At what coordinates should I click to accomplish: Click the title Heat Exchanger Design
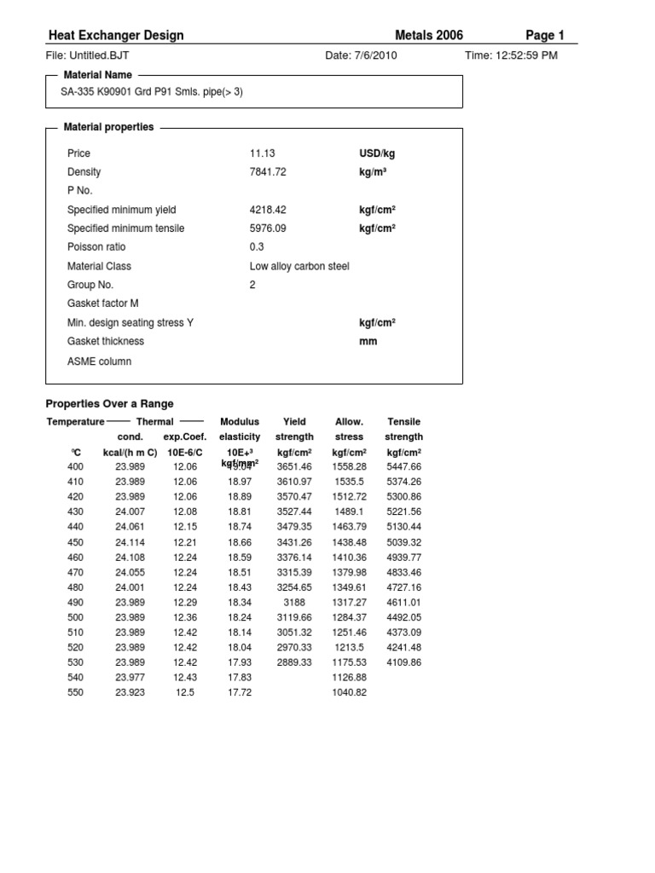click(116, 36)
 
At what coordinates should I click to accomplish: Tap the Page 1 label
click(545, 36)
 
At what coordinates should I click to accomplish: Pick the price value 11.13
click(262, 153)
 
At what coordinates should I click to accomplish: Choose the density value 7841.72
click(268, 172)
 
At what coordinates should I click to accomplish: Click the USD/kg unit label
click(377, 153)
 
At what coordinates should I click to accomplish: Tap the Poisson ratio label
click(96, 247)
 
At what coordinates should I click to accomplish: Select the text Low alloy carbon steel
click(299, 266)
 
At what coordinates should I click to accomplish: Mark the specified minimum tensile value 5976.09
click(268, 228)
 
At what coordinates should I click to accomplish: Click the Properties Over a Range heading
click(108, 403)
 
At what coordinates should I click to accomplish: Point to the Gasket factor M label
click(102, 304)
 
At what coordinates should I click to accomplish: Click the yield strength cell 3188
click(294, 602)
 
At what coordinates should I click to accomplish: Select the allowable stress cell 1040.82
click(349, 692)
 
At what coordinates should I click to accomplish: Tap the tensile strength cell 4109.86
click(404, 662)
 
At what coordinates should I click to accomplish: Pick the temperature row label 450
click(76, 542)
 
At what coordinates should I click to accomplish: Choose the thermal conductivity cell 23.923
click(130, 692)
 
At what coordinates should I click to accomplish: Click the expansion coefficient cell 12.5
click(185, 692)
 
